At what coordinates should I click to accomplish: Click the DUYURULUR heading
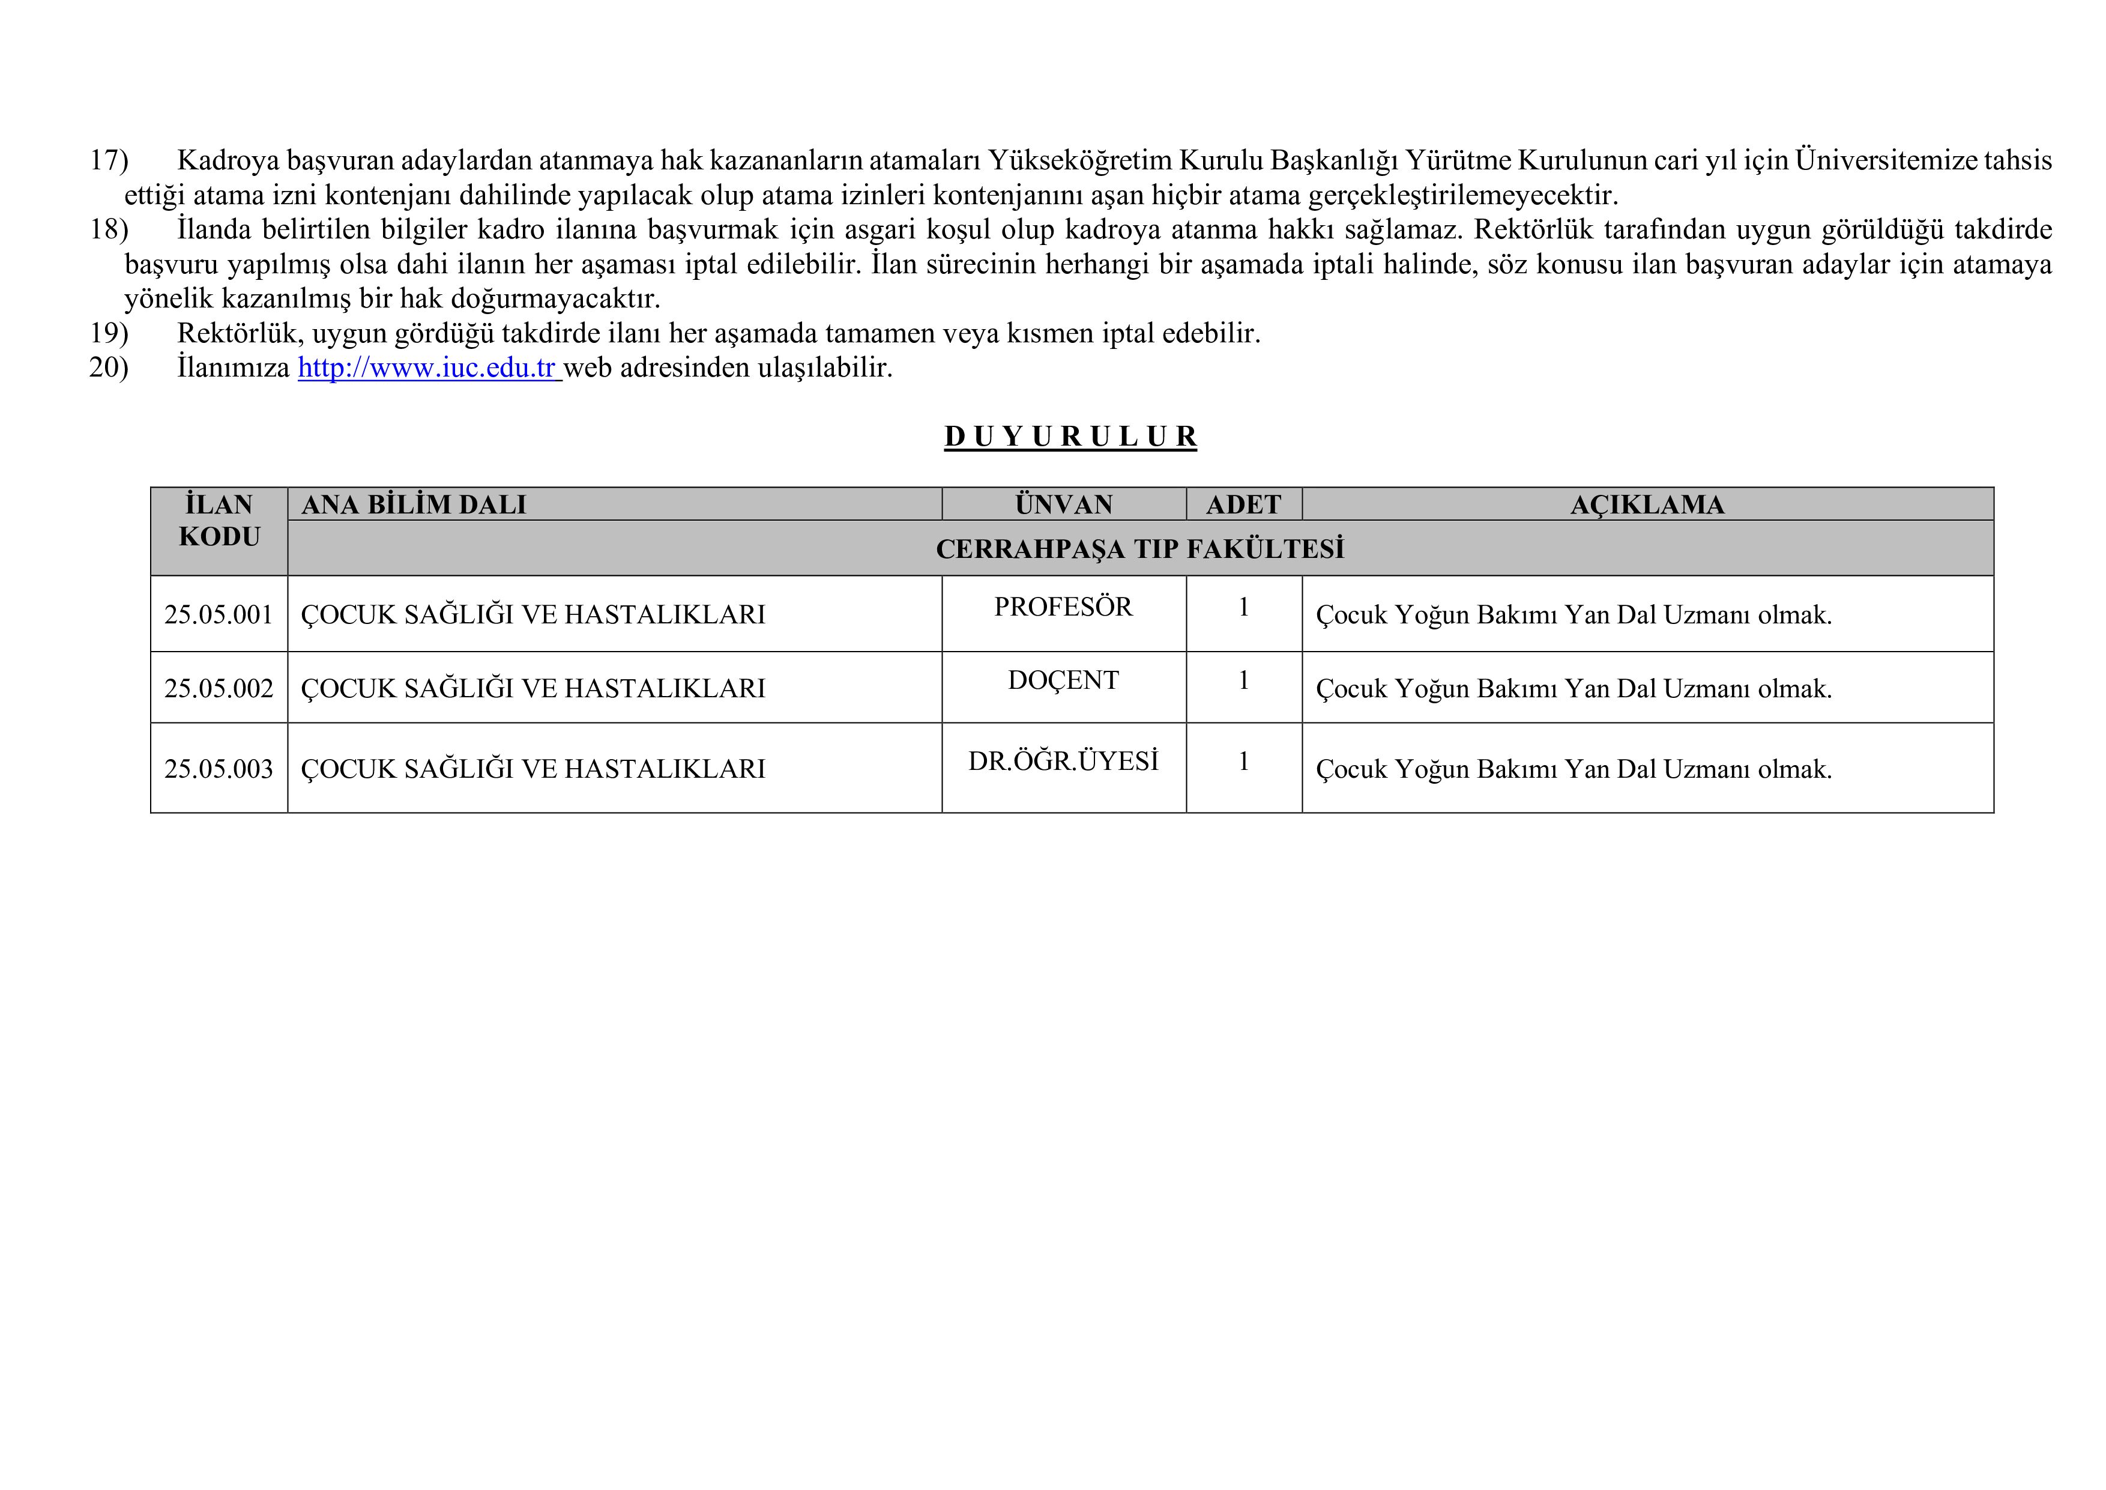coord(1070,437)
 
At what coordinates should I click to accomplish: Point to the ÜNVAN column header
coord(1063,504)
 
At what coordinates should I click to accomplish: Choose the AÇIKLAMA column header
coord(1647,504)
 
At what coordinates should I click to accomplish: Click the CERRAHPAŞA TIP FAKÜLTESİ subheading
coord(1139,549)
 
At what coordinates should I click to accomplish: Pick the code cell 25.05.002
coord(219,688)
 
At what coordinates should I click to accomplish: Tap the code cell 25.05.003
coord(219,769)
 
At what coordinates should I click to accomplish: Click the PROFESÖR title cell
coord(1063,607)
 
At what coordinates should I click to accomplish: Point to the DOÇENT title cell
coord(1063,681)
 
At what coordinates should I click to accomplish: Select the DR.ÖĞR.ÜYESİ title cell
coord(1063,762)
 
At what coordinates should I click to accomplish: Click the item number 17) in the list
coord(108,160)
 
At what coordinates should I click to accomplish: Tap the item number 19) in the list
coord(108,333)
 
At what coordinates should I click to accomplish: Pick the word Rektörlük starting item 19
coord(236,333)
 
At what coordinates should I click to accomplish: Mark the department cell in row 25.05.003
coord(533,769)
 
